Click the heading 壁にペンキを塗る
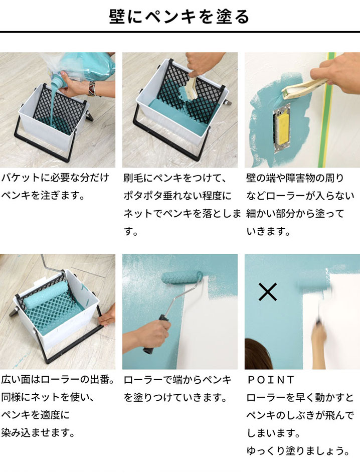point(179,17)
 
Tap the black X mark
point(268,292)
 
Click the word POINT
point(270,380)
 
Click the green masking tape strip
point(331,100)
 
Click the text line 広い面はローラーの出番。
point(58,380)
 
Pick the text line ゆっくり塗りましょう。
point(298,451)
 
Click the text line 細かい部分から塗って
point(295,213)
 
